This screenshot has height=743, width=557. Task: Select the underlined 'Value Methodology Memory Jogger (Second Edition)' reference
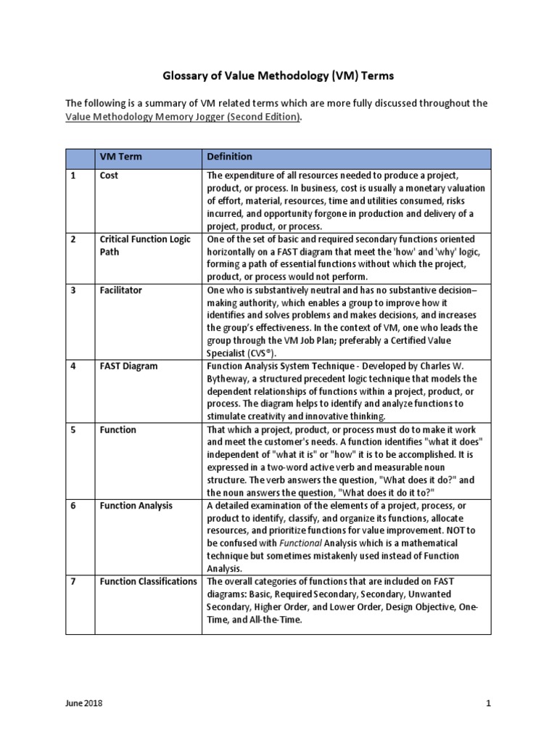[183, 118]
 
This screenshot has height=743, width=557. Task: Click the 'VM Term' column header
[119, 157]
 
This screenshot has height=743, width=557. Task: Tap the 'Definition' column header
[230, 157]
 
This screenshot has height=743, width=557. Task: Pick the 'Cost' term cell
[110, 176]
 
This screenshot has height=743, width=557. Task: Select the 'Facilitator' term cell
[121, 290]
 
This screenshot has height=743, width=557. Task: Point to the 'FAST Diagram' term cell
[128, 366]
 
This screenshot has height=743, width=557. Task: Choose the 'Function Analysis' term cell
[136, 506]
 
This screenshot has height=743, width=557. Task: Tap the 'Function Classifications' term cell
[148, 581]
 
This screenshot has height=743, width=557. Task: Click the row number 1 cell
[73, 176]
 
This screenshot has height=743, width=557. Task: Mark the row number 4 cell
[73, 366]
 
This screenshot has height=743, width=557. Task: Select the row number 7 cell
[73, 581]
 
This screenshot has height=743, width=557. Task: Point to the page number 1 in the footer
[488, 703]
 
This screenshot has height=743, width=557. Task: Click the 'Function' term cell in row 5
[117, 430]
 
